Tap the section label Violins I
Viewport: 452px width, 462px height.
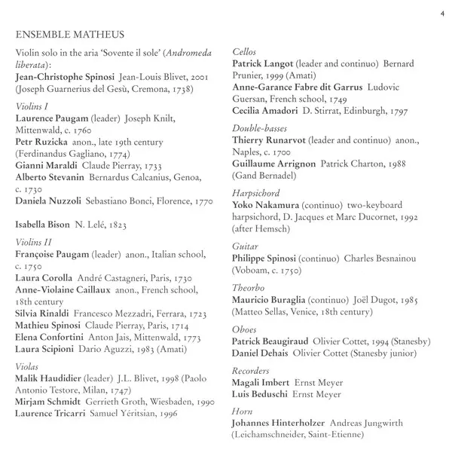click(32, 106)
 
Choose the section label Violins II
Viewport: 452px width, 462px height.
click(34, 242)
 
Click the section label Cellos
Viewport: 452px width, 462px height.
click(244, 50)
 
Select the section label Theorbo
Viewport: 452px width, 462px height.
click(247, 288)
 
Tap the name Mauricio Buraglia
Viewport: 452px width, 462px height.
click(271, 300)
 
